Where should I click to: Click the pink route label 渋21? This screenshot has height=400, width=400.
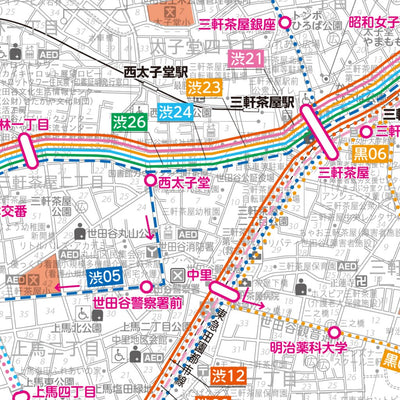[246, 60]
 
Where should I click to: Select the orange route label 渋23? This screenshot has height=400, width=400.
[204, 89]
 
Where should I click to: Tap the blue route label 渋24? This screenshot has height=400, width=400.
[175, 111]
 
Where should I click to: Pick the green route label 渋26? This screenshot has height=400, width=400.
[129, 122]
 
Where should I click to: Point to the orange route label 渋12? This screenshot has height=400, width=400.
[228, 376]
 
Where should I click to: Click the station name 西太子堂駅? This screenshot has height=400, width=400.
[156, 72]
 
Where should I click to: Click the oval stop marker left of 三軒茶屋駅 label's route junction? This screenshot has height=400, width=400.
[325, 130]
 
